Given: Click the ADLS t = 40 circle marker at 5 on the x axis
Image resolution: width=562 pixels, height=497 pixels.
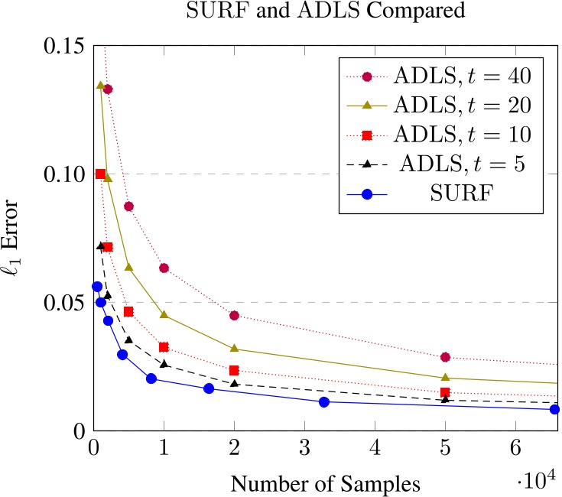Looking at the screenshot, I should coord(445,357).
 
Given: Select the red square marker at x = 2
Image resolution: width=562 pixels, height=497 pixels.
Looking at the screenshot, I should coord(234,370).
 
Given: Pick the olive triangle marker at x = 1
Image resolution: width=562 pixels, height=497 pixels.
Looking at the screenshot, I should coord(164,315).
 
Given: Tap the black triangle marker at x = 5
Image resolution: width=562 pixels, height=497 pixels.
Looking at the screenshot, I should coord(445,398).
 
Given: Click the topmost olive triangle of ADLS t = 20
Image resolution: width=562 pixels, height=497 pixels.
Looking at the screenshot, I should coord(100,85).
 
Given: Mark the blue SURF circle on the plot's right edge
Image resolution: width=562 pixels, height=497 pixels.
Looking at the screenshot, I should coord(554,409).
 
